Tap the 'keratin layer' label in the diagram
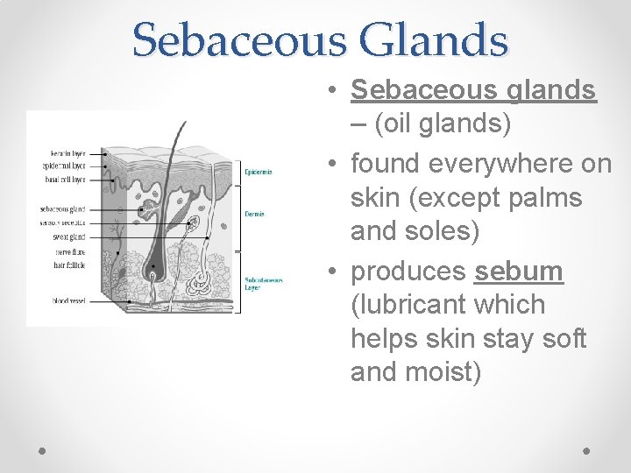point(68,153)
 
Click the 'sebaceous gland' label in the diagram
point(64,209)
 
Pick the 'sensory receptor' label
point(64,222)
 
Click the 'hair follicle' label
point(71,264)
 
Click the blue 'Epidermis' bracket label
point(259,172)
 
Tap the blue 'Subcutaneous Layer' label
point(263,284)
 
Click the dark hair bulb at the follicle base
point(153,266)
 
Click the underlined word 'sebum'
point(519,272)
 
